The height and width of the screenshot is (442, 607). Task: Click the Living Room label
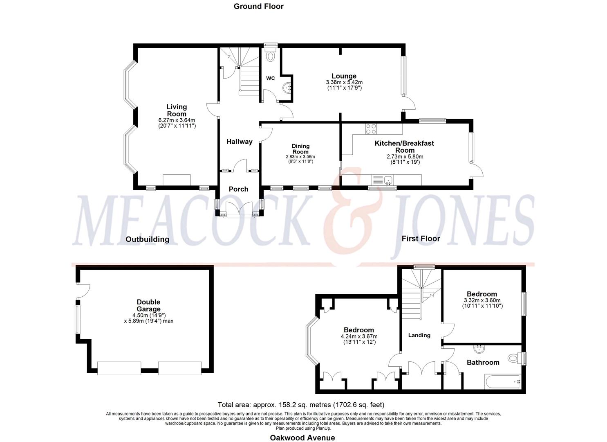[177, 110]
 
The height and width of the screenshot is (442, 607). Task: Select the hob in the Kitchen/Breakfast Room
[371, 129]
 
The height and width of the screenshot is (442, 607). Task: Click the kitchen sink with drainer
[383, 180]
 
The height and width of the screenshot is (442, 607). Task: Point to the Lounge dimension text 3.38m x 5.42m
[344, 82]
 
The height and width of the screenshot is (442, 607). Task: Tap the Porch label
[238, 189]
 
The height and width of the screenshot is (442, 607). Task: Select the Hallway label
[240, 142]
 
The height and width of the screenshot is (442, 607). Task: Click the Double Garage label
[148, 306]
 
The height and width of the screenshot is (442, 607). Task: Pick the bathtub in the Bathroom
[502, 382]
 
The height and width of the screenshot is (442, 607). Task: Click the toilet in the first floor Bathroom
[514, 358]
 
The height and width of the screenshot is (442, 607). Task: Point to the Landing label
[419, 335]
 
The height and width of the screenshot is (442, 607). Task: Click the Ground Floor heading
[258, 6]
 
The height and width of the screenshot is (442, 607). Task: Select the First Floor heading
[421, 239]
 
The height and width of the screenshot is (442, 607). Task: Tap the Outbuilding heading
[147, 239]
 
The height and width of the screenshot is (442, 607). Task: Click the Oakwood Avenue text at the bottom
[302, 437]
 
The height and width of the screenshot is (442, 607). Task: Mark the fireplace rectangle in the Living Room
[177, 180]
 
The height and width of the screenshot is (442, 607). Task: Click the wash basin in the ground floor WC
[288, 87]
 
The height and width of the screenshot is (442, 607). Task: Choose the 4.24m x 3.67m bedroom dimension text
[358, 336]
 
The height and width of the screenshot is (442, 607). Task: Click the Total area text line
[301, 405]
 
